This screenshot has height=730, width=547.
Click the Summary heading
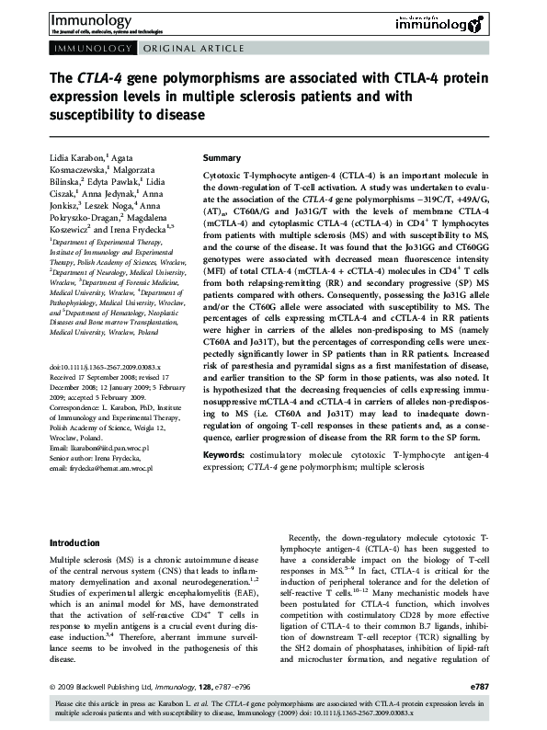[221, 158]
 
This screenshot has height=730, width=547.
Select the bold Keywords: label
[222, 454]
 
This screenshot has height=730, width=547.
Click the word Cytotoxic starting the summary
[222, 175]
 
